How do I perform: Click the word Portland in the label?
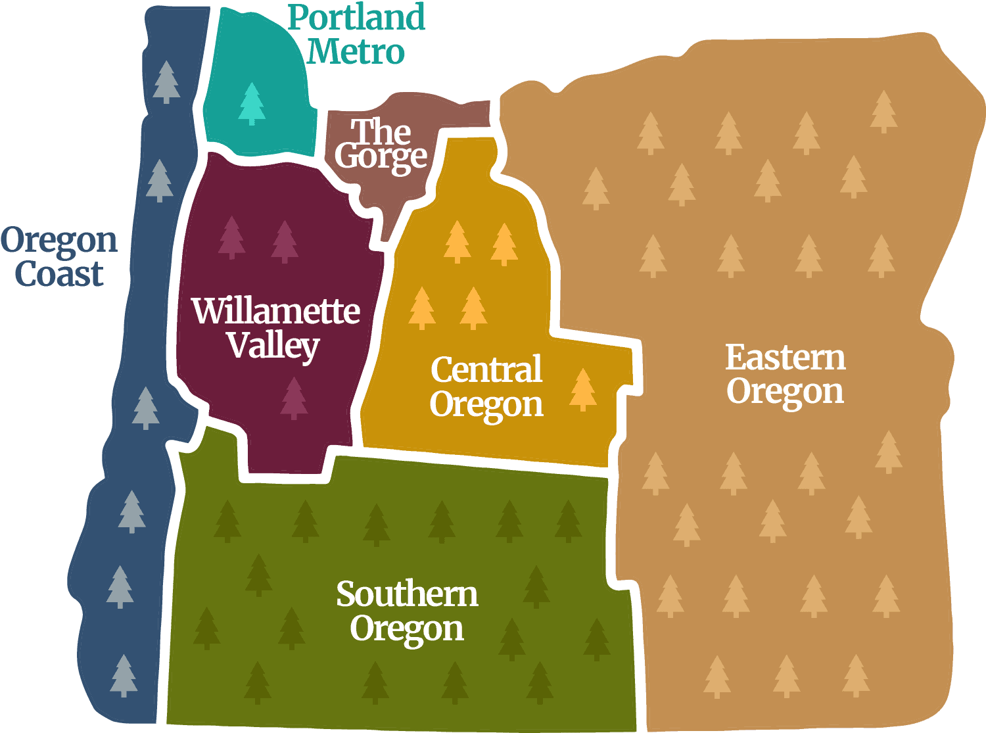point(356,18)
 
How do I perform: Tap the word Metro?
point(355,51)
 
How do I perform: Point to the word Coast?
point(59,273)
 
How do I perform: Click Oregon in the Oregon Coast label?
point(59,241)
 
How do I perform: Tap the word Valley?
point(273,345)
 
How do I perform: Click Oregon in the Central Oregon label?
point(486,404)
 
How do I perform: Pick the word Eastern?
point(786,358)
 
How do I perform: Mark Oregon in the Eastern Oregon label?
point(785,392)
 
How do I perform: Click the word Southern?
point(407,594)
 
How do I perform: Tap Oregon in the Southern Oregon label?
point(407,629)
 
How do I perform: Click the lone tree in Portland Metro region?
point(252,103)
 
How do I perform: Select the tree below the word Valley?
point(294,398)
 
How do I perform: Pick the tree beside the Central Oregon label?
point(582,389)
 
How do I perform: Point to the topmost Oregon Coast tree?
point(166,82)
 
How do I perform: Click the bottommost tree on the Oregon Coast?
point(124,675)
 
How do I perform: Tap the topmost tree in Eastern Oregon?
point(883,111)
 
